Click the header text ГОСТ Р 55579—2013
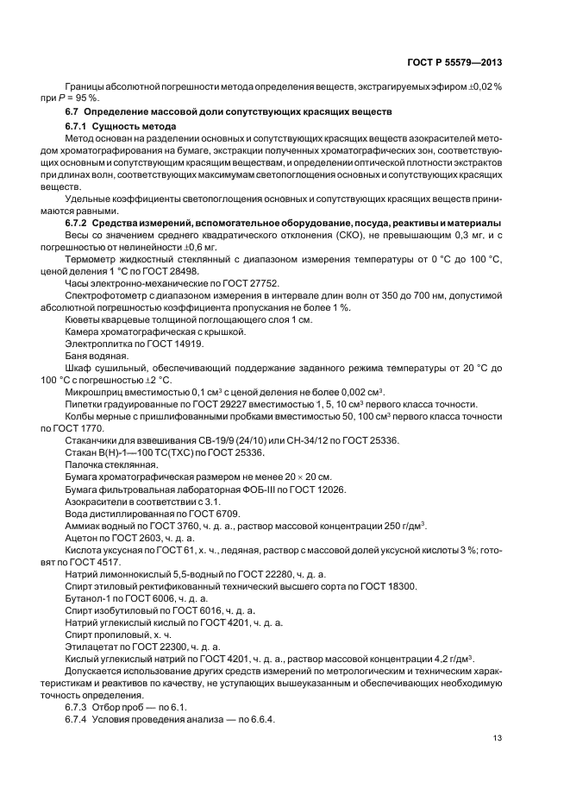pos(455,62)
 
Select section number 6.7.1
pos(80,126)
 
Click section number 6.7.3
pos(79,706)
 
